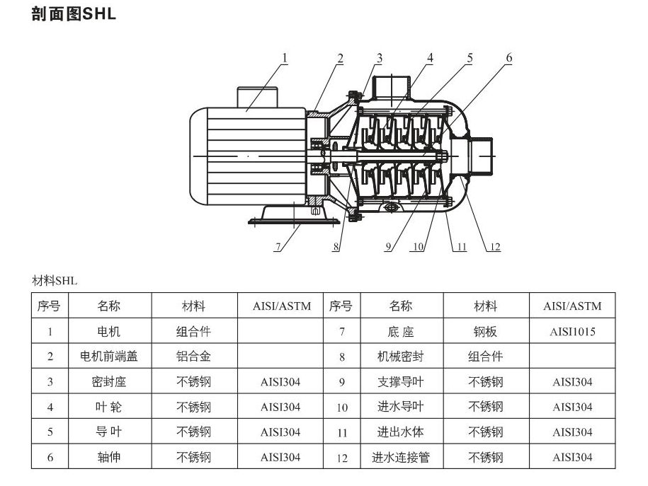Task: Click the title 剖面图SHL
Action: point(74,14)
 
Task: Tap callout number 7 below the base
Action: point(278,247)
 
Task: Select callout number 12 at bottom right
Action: point(494,247)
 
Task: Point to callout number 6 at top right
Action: point(508,58)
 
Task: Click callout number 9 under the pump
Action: point(388,247)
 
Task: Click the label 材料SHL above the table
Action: point(55,281)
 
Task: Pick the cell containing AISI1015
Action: point(572,331)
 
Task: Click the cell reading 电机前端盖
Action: point(108,357)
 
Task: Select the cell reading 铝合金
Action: point(193,357)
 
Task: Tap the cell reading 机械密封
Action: point(400,357)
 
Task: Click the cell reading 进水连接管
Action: point(400,457)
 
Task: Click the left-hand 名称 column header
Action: point(108,306)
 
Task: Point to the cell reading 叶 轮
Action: point(108,407)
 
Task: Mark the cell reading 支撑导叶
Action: point(400,382)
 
